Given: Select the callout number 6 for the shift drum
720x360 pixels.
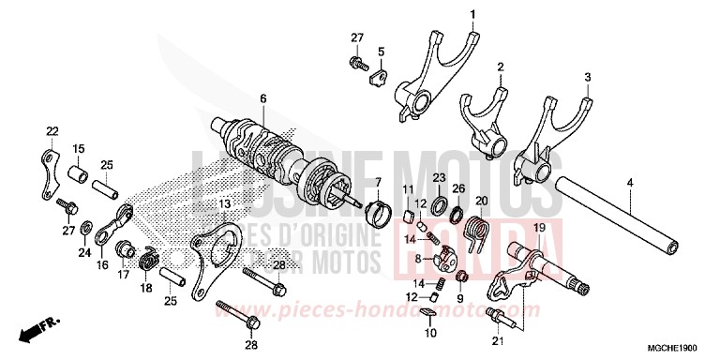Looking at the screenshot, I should coord(263,97).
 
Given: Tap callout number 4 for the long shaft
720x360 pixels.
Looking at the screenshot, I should coord(587,77).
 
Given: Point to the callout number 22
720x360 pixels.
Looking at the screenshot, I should coord(631,182).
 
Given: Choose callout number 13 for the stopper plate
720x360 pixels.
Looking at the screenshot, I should coord(224,203).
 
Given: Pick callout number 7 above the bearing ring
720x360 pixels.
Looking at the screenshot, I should coord(379,181).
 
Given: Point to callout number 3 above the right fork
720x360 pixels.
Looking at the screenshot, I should coord(587,77).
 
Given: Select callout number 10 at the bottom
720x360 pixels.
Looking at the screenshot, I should coord(430,332).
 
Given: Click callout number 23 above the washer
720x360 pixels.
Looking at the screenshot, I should coord(439,178).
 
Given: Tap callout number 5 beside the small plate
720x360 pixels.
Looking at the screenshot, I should coord(381,51).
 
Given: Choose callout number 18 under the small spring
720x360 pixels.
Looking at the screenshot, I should coord(145,290).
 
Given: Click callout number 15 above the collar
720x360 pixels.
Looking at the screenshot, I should coord(79,148).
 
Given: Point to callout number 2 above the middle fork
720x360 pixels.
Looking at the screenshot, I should coord(501,67).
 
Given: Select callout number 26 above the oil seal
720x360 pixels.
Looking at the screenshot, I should coord(458,189).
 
